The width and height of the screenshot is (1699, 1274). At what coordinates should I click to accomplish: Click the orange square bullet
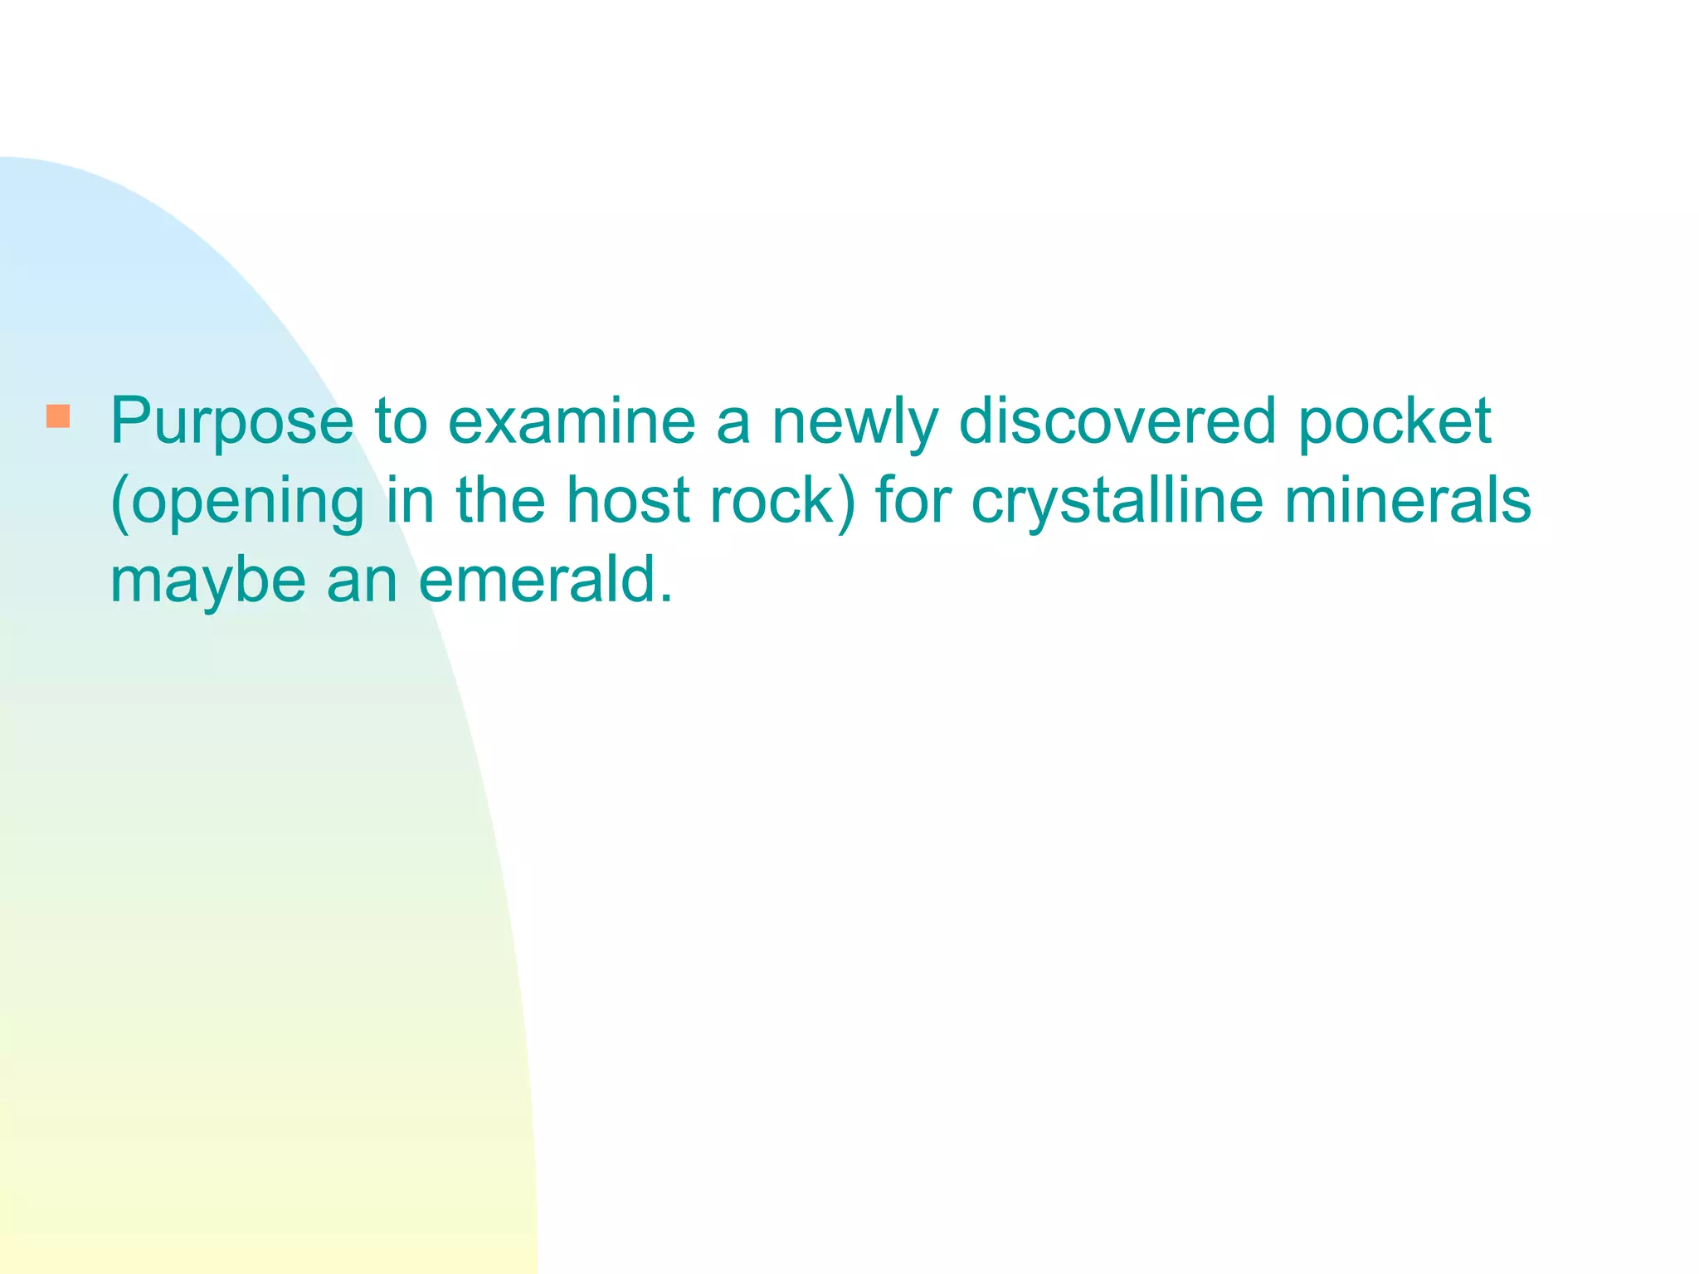tap(58, 416)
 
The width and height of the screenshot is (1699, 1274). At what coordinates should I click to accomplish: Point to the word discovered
tap(1117, 421)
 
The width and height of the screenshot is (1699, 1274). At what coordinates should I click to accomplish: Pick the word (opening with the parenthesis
tap(237, 503)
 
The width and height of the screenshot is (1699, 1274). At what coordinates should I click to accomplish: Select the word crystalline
tap(1117, 503)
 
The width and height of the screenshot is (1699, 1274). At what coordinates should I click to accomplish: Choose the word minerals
tap(1407, 501)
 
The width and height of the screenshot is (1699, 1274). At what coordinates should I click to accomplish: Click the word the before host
tap(501, 501)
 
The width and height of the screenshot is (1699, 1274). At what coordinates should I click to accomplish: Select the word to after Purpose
tap(401, 421)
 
